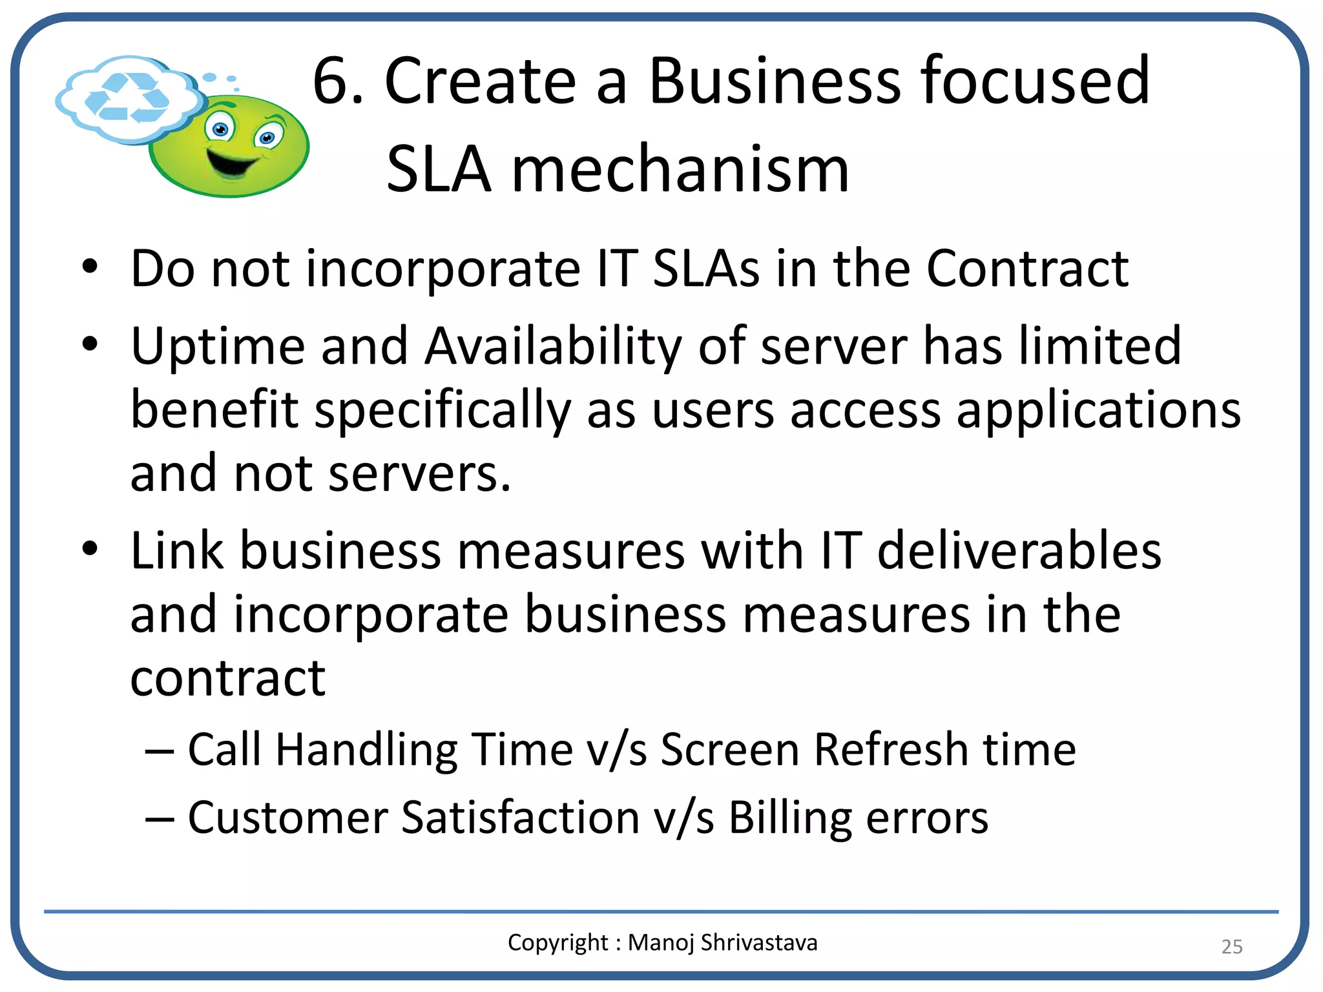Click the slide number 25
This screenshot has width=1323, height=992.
pos(1231,946)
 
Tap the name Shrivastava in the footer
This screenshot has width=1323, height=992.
pos(759,942)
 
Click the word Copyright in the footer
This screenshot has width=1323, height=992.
pos(557,943)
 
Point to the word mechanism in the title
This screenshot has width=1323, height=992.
pos(680,170)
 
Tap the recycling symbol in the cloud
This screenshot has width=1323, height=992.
pos(127,98)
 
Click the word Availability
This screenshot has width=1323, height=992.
pos(553,347)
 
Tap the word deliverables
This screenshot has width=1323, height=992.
pos(1019,551)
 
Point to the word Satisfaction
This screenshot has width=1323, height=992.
pos(520,818)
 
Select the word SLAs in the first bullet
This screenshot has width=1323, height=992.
pos(706,269)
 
